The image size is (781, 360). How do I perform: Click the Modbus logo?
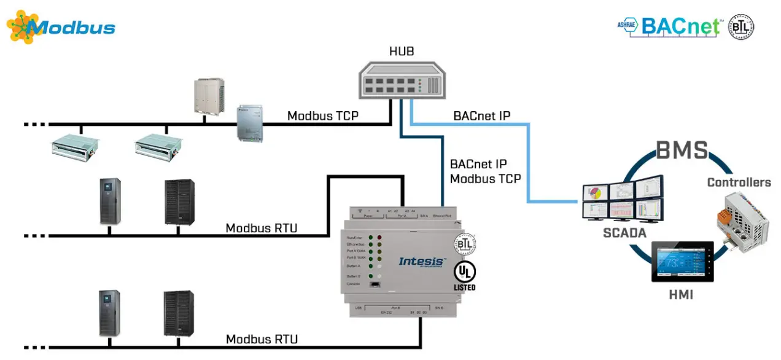(61, 27)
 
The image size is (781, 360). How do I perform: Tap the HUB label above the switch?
(401, 52)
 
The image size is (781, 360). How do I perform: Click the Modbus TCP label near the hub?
(323, 115)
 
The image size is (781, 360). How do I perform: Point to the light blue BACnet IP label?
(482, 115)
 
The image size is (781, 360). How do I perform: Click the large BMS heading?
(682, 150)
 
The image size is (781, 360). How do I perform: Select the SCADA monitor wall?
(622, 200)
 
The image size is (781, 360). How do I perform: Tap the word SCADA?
(624, 233)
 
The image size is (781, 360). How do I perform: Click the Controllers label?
(739, 182)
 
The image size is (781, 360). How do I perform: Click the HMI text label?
(681, 295)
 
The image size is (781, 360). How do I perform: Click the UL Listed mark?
(465, 276)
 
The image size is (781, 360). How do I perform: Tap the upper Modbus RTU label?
(262, 228)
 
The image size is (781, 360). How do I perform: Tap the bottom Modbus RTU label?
(262, 339)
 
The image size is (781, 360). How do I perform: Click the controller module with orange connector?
(741, 220)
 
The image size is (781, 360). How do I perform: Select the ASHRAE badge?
(628, 26)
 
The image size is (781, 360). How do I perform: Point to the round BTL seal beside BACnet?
(741, 27)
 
